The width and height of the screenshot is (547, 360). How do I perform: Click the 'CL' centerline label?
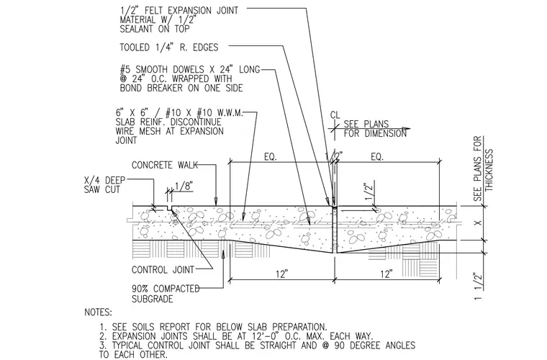pyautogui.click(x=335, y=115)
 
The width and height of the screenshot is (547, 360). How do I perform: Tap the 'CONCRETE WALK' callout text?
pyautogui.click(x=165, y=165)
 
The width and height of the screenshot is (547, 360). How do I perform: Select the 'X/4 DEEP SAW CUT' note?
pyautogui.click(x=104, y=185)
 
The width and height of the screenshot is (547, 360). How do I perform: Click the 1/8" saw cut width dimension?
pyautogui.click(x=184, y=186)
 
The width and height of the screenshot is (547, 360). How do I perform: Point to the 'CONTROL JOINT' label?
pyautogui.click(x=163, y=270)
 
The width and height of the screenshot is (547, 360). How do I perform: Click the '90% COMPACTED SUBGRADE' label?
pyautogui.click(x=166, y=294)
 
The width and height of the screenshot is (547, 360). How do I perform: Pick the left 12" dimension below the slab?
pyautogui.click(x=281, y=274)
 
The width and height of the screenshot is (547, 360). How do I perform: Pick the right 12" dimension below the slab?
pyautogui.click(x=386, y=274)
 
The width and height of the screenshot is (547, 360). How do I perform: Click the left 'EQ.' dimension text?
pyautogui.click(x=271, y=157)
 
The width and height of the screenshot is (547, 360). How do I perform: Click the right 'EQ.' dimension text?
pyautogui.click(x=377, y=157)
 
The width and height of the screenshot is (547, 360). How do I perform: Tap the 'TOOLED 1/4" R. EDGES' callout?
pyautogui.click(x=169, y=47)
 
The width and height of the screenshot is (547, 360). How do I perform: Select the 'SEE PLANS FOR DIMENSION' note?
pyautogui.click(x=375, y=129)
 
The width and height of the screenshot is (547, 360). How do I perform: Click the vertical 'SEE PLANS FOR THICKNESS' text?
pyautogui.click(x=483, y=168)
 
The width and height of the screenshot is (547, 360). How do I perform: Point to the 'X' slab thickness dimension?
pyautogui.click(x=479, y=222)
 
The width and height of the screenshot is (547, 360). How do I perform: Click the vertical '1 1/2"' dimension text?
pyautogui.click(x=478, y=286)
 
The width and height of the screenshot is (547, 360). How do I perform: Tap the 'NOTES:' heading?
pyautogui.click(x=98, y=312)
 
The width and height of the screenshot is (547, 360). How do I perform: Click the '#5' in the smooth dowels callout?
pyautogui.click(x=125, y=69)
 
